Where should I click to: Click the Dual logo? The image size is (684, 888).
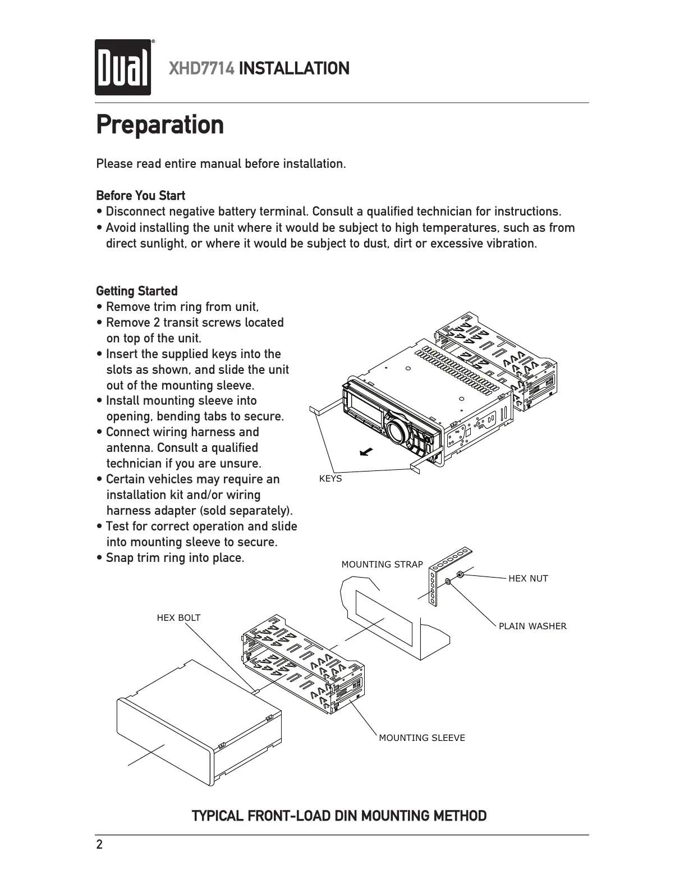pos(123,67)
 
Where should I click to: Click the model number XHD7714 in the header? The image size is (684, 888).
pos(201,69)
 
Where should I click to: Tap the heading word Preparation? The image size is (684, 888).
pos(160,125)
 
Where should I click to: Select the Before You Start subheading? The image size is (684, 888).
pos(140,195)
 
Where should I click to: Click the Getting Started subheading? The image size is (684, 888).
pos(137,291)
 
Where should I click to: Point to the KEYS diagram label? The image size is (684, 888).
pos(330,479)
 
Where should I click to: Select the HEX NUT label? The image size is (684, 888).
pos(527,578)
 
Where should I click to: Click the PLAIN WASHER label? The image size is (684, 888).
pos(532,626)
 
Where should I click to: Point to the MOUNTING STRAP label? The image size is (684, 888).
pos(382,564)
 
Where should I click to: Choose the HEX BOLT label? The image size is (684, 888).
pos(178,617)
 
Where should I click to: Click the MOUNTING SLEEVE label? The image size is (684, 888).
pos(421,738)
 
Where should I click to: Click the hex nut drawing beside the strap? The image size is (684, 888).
pos(460,574)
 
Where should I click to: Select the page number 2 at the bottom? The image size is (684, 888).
pos(100,845)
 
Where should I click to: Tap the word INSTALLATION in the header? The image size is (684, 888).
pos(294,69)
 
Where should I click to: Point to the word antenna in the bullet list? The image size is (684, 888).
pos(128,448)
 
